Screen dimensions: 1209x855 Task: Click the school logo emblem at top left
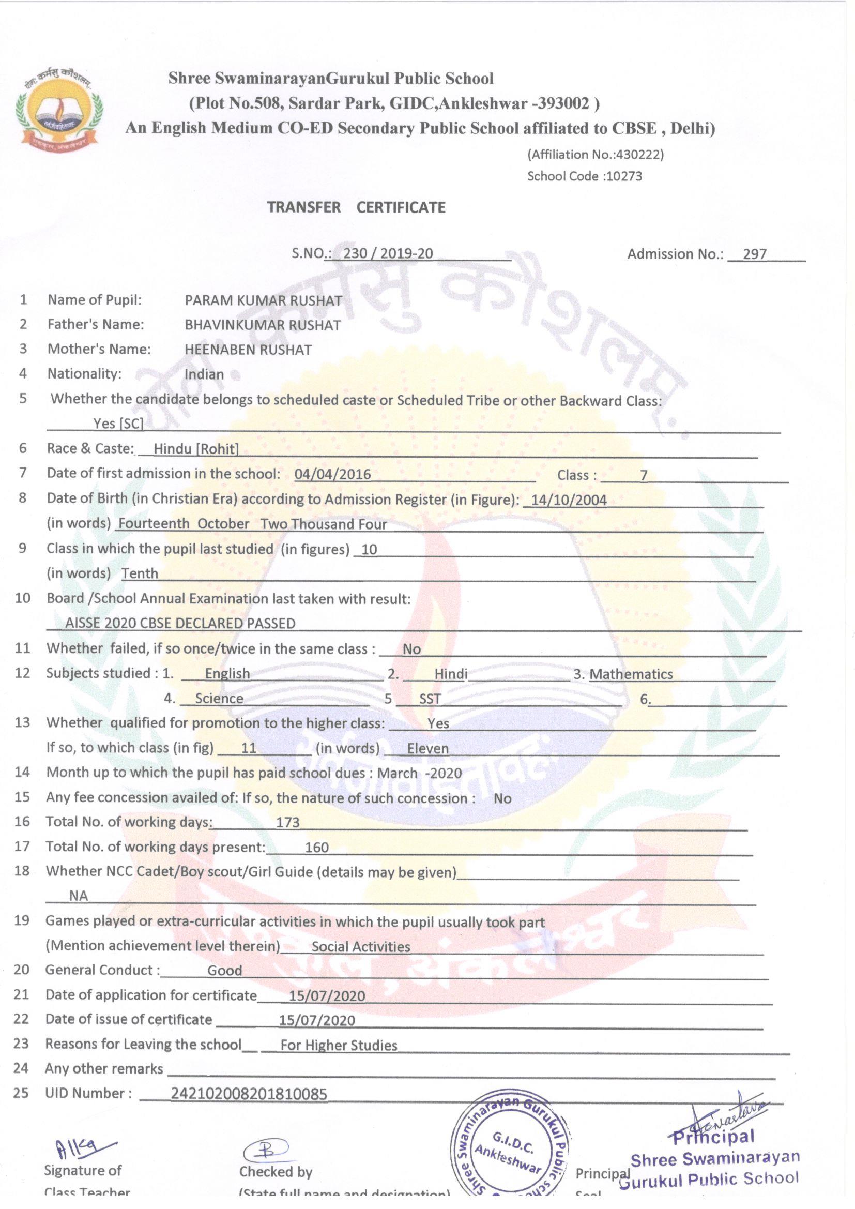58,108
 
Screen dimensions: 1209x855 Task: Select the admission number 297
754,254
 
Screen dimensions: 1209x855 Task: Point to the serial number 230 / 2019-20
388,254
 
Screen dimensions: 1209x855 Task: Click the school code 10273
624,176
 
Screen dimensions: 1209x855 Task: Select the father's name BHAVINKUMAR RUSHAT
263,325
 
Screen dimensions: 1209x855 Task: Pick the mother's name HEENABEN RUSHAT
248,350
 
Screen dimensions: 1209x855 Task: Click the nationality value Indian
204,374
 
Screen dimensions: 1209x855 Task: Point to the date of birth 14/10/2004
569,500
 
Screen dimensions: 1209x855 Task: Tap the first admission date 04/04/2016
332,474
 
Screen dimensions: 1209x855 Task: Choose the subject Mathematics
631,674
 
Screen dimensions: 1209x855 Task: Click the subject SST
430,699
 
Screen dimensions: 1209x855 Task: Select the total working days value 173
288,823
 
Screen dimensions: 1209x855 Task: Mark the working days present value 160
317,847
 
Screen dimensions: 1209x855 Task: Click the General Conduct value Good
225,971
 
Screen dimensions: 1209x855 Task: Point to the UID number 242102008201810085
249,1094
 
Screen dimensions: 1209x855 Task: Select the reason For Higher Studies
339,1045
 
